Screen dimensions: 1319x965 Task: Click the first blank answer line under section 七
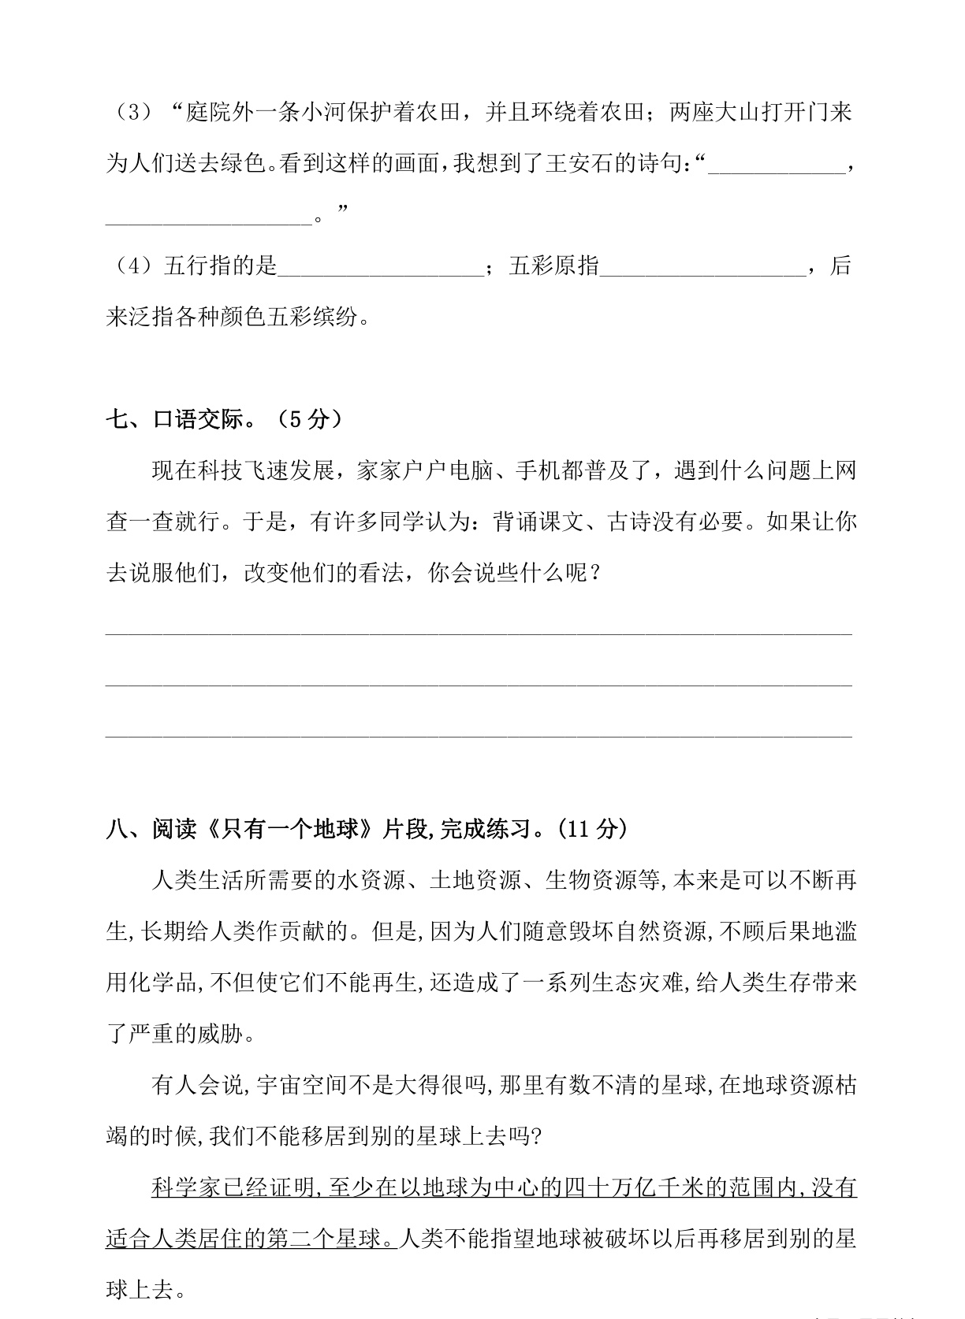[479, 630]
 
